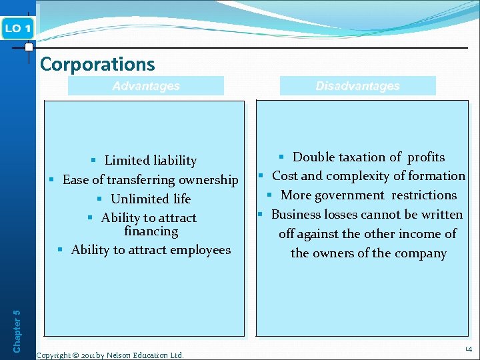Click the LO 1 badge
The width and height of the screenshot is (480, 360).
pyautogui.click(x=17, y=29)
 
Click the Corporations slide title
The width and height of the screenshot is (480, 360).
pyautogui.click(x=97, y=64)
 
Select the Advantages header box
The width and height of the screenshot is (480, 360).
pyautogui.click(x=146, y=86)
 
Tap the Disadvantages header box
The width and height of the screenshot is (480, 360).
pyautogui.click(x=357, y=86)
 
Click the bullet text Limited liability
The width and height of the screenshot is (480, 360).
pyautogui.click(x=150, y=161)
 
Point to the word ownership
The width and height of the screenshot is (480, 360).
pyautogui.click(x=207, y=180)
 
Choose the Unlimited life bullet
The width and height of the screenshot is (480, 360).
pyautogui.click(x=151, y=199)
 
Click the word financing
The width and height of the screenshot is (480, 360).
pyautogui.click(x=151, y=231)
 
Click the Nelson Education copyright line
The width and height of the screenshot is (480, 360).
pyautogui.click(x=110, y=355)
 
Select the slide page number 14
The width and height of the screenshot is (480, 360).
pyautogui.click(x=469, y=349)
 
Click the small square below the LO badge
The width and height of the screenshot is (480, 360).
pyautogui.click(x=29, y=47)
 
